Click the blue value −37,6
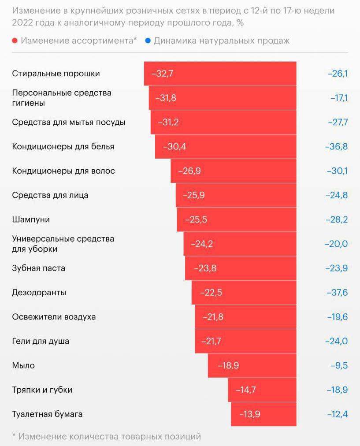pos(337,293)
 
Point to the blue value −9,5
pos(339,365)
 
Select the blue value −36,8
pos(337,146)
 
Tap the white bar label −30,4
pos(174,146)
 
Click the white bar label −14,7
pos(246,390)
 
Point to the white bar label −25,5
pos(196,219)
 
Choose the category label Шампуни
pos(31,219)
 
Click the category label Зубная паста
pos(39,268)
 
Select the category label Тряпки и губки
pos(42,390)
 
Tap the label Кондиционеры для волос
pos(63,171)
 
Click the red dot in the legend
pos(15,41)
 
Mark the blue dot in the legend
pos(148,41)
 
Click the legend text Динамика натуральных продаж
pos(222,41)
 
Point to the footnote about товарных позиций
pos(107,436)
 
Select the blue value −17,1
pos(339,98)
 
